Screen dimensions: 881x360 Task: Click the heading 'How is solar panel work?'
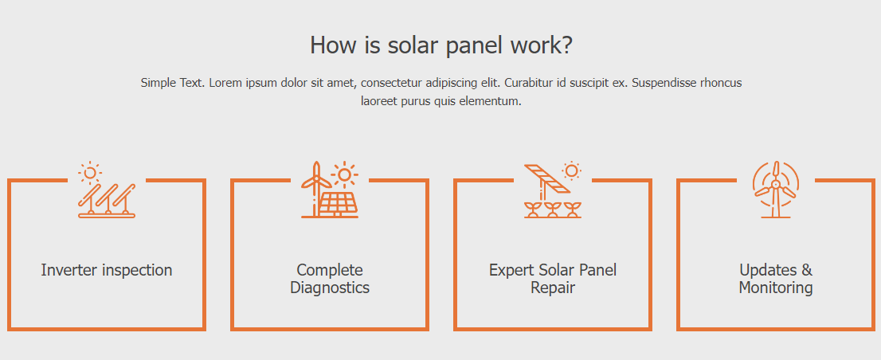[440, 45]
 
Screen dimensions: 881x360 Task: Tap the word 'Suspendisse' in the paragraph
[662, 83]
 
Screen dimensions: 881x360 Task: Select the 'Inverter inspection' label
[107, 270]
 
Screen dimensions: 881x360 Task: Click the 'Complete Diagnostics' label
[330, 279]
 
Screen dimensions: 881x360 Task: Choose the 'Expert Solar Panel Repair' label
[553, 279]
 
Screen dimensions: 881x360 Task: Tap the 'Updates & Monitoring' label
[776, 279]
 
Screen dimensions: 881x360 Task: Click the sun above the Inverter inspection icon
[89, 172]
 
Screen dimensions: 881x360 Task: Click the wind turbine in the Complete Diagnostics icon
[316, 189]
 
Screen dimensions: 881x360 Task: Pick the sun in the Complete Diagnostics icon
[344, 174]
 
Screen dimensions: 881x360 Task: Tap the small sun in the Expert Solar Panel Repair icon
[571, 170]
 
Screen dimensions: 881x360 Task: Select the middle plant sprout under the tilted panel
[552, 209]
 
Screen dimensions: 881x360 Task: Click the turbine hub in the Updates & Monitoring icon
[775, 184]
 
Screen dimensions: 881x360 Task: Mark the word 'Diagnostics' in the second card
[330, 288]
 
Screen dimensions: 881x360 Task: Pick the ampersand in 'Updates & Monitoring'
[806, 270]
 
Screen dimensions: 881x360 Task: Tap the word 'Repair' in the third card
[553, 288]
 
